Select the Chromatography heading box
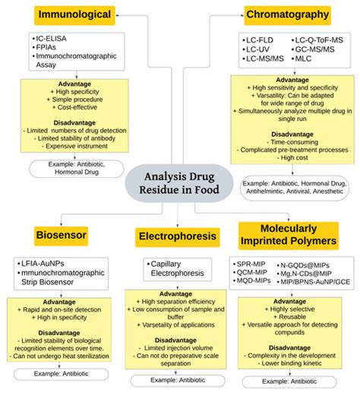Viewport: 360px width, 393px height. click(x=288, y=14)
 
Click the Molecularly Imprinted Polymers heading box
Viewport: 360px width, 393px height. click(x=288, y=235)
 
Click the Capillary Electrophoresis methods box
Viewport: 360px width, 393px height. click(x=176, y=269)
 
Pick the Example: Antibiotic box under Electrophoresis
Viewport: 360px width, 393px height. click(x=175, y=379)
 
